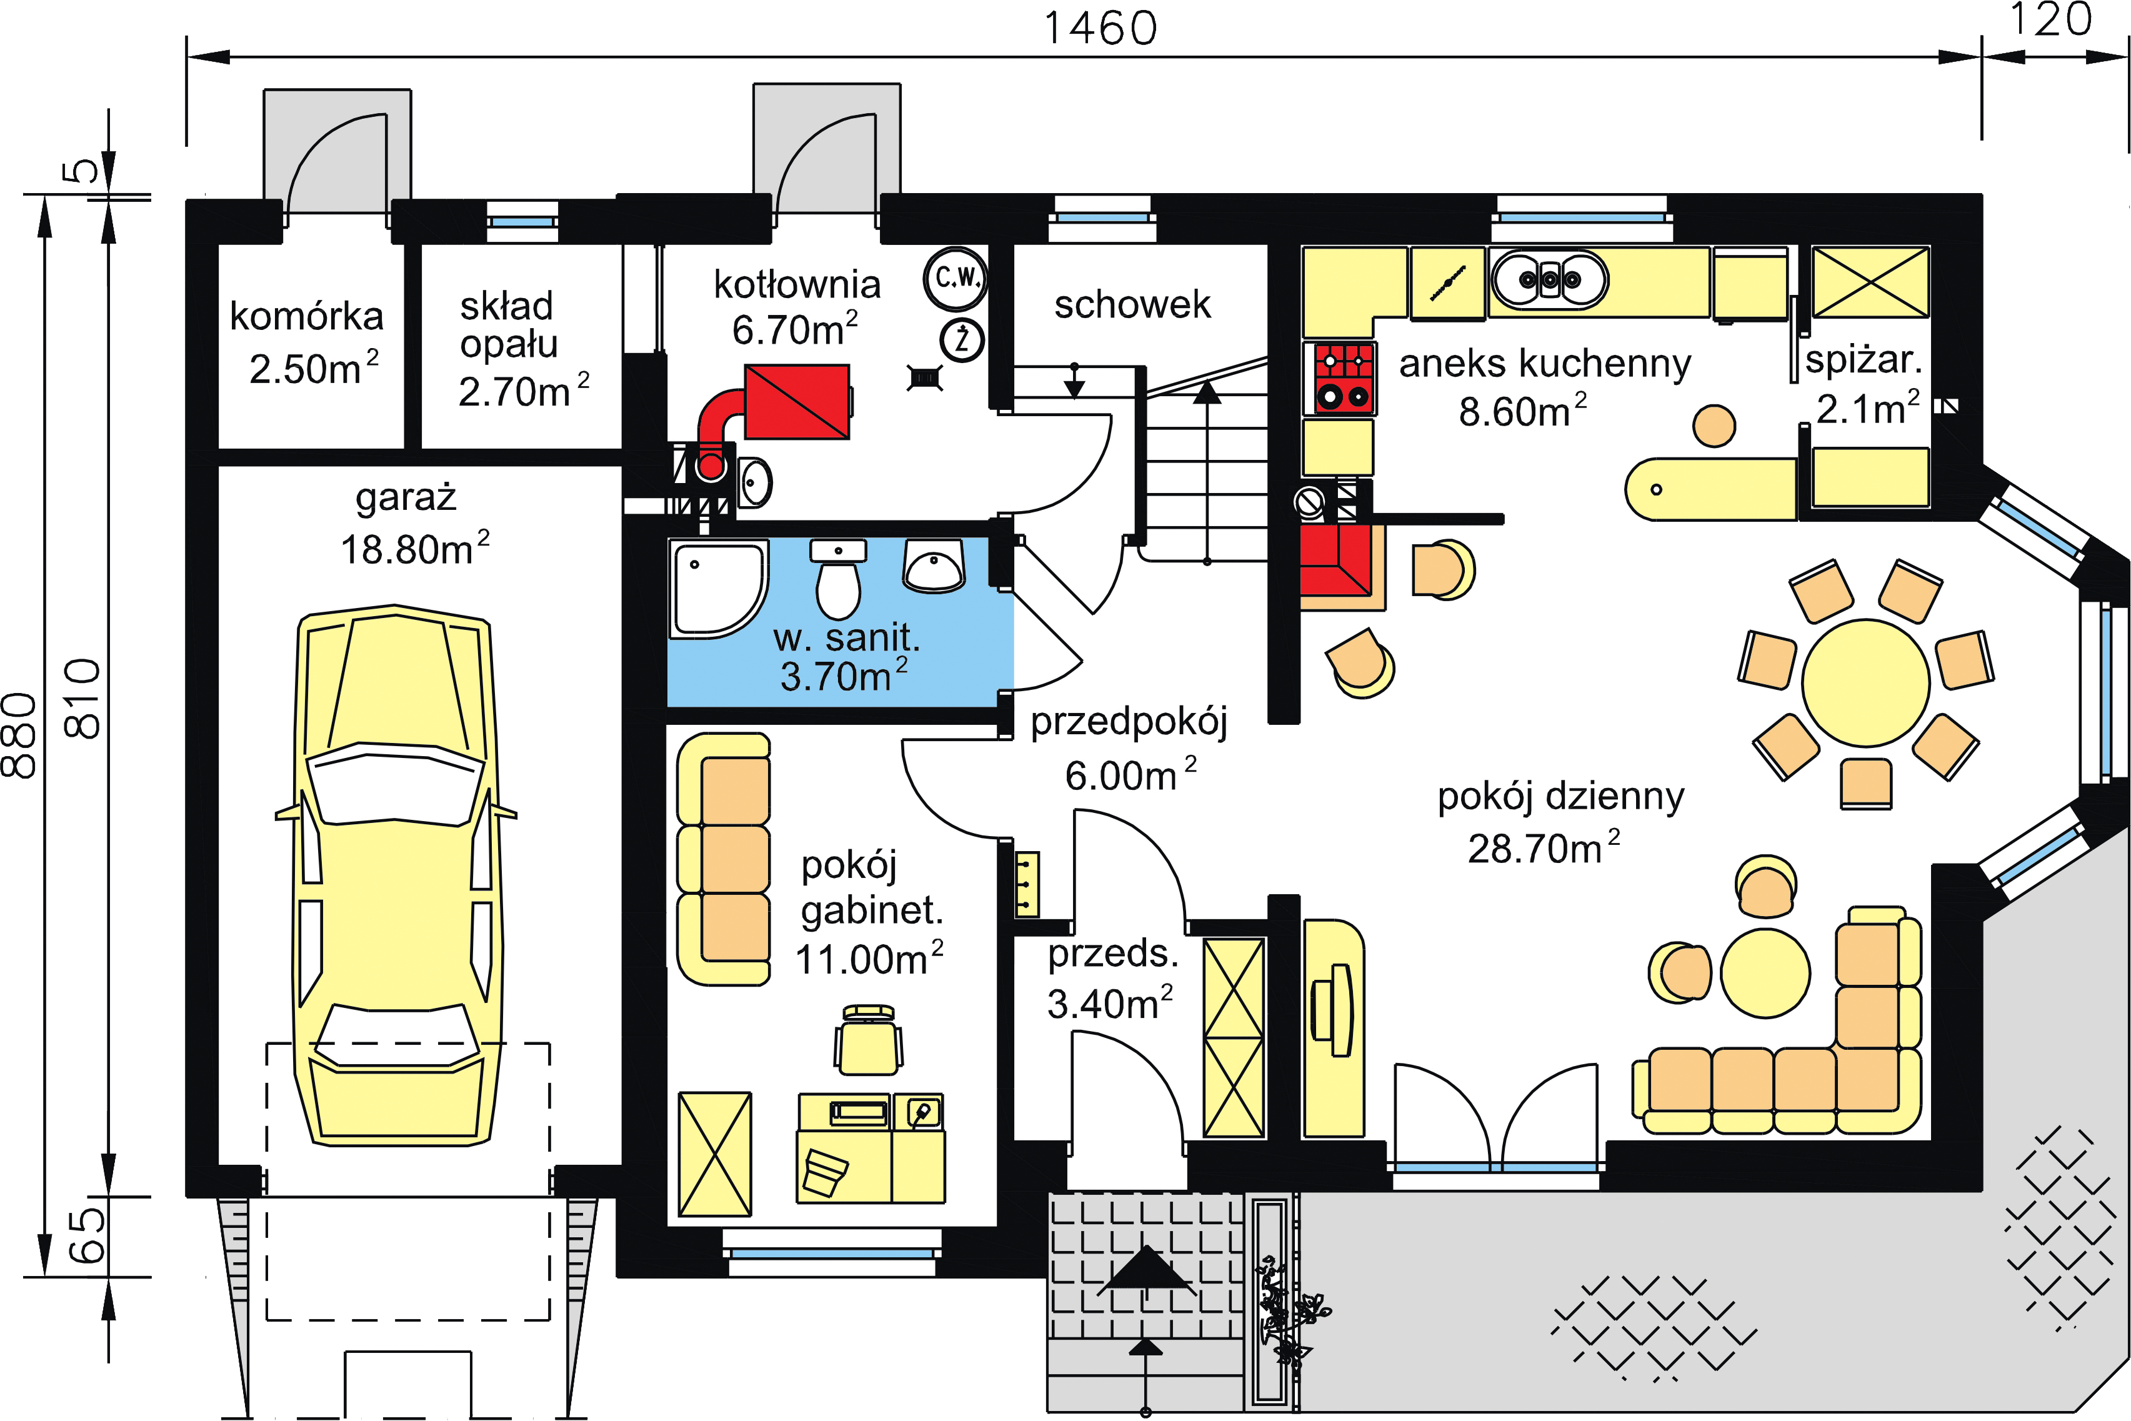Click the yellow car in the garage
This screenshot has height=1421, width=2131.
tap(396, 874)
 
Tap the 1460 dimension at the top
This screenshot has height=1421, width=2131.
tap(1101, 28)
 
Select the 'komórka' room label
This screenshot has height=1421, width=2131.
tap(306, 316)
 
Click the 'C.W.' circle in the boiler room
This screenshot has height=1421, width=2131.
tap(957, 277)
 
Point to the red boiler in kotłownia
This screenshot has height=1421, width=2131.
tap(796, 401)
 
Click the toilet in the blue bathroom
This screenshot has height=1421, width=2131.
tap(838, 580)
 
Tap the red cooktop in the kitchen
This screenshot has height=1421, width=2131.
tap(1339, 378)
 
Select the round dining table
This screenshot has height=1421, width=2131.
tap(1865, 683)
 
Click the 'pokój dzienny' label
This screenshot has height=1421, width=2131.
tap(1561, 797)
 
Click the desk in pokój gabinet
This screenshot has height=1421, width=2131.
tap(871, 1148)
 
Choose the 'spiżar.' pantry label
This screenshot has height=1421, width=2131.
tap(1864, 361)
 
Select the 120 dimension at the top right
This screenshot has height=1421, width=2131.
tap(2050, 20)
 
